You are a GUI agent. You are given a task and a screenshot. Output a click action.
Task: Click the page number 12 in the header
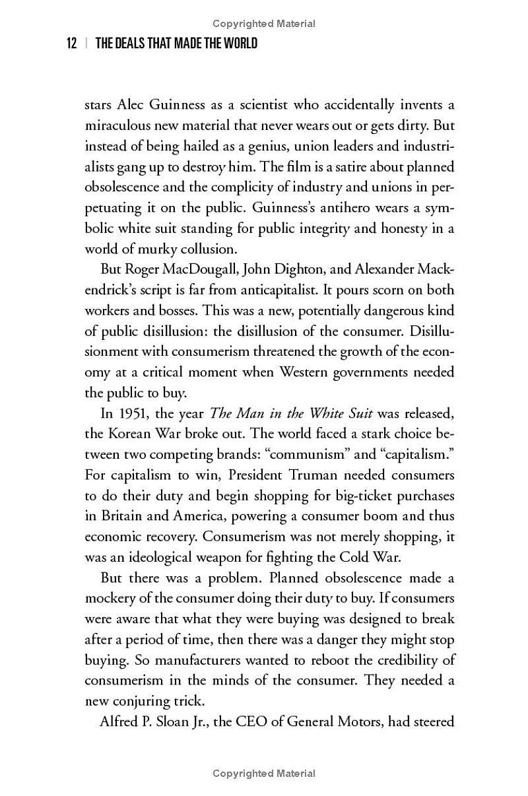point(72,44)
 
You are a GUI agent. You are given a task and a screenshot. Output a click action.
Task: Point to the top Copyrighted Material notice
point(264,24)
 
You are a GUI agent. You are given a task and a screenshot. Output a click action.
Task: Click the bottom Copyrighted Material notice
point(264,774)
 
